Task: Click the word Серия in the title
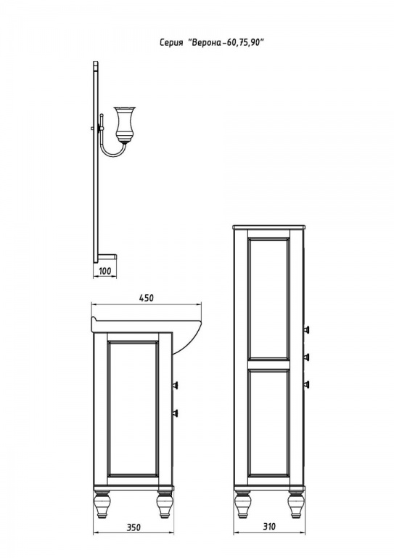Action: pyautogui.click(x=171, y=43)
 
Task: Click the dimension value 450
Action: pyautogui.click(x=147, y=297)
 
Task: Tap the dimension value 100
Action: pyautogui.click(x=104, y=271)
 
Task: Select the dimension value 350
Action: pyautogui.click(x=134, y=527)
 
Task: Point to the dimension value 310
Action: pyautogui.click(x=269, y=526)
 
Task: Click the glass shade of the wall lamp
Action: pyautogui.click(x=124, y=123)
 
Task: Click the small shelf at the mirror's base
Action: pyautogui.click(x=107, y=256)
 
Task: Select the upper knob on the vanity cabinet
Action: pyautogui.click(x=175, y=385)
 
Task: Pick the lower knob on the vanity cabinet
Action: pyautogui.click(x=175, y=413)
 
